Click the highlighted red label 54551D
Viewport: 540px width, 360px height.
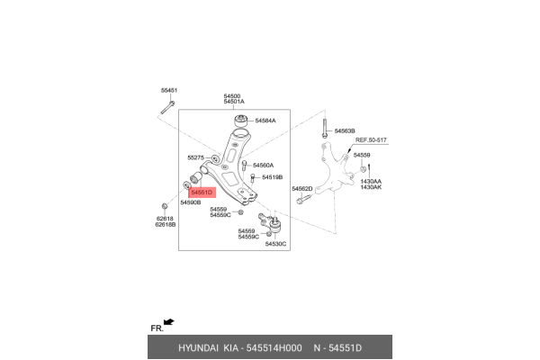click(202, 193)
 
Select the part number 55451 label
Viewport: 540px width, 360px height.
click(169, 91)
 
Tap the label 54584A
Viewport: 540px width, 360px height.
click(265, 121)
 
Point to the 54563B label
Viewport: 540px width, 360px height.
click(346, 131)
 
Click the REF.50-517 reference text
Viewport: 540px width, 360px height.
click(370, 140)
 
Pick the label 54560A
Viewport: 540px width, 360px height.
click(263, 166)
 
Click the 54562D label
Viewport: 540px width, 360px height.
click(301, 188)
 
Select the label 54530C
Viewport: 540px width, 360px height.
click(275, 244)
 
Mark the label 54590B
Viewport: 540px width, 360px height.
click(190, 203)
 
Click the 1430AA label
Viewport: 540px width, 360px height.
click(371, 181)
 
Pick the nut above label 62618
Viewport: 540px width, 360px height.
click(164, 207)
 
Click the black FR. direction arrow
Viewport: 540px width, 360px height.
click(168, 321)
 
